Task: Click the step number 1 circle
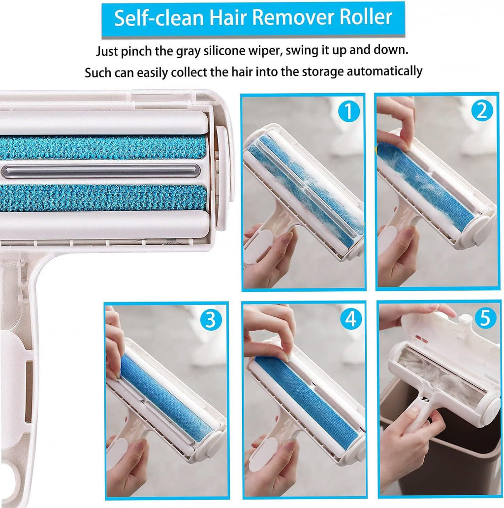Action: pyautogui.click(x=348, y=112)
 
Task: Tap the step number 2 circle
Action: pyautogui.click(x=482, y=111)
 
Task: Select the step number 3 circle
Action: pyautogui.click(x=210, y=320)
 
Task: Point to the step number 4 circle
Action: pyautogui.click(x=350, y=320)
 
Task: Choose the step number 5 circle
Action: pyautogui.click(x=485, y=319)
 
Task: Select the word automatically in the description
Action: pyautogui.click(x=384, y=71)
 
